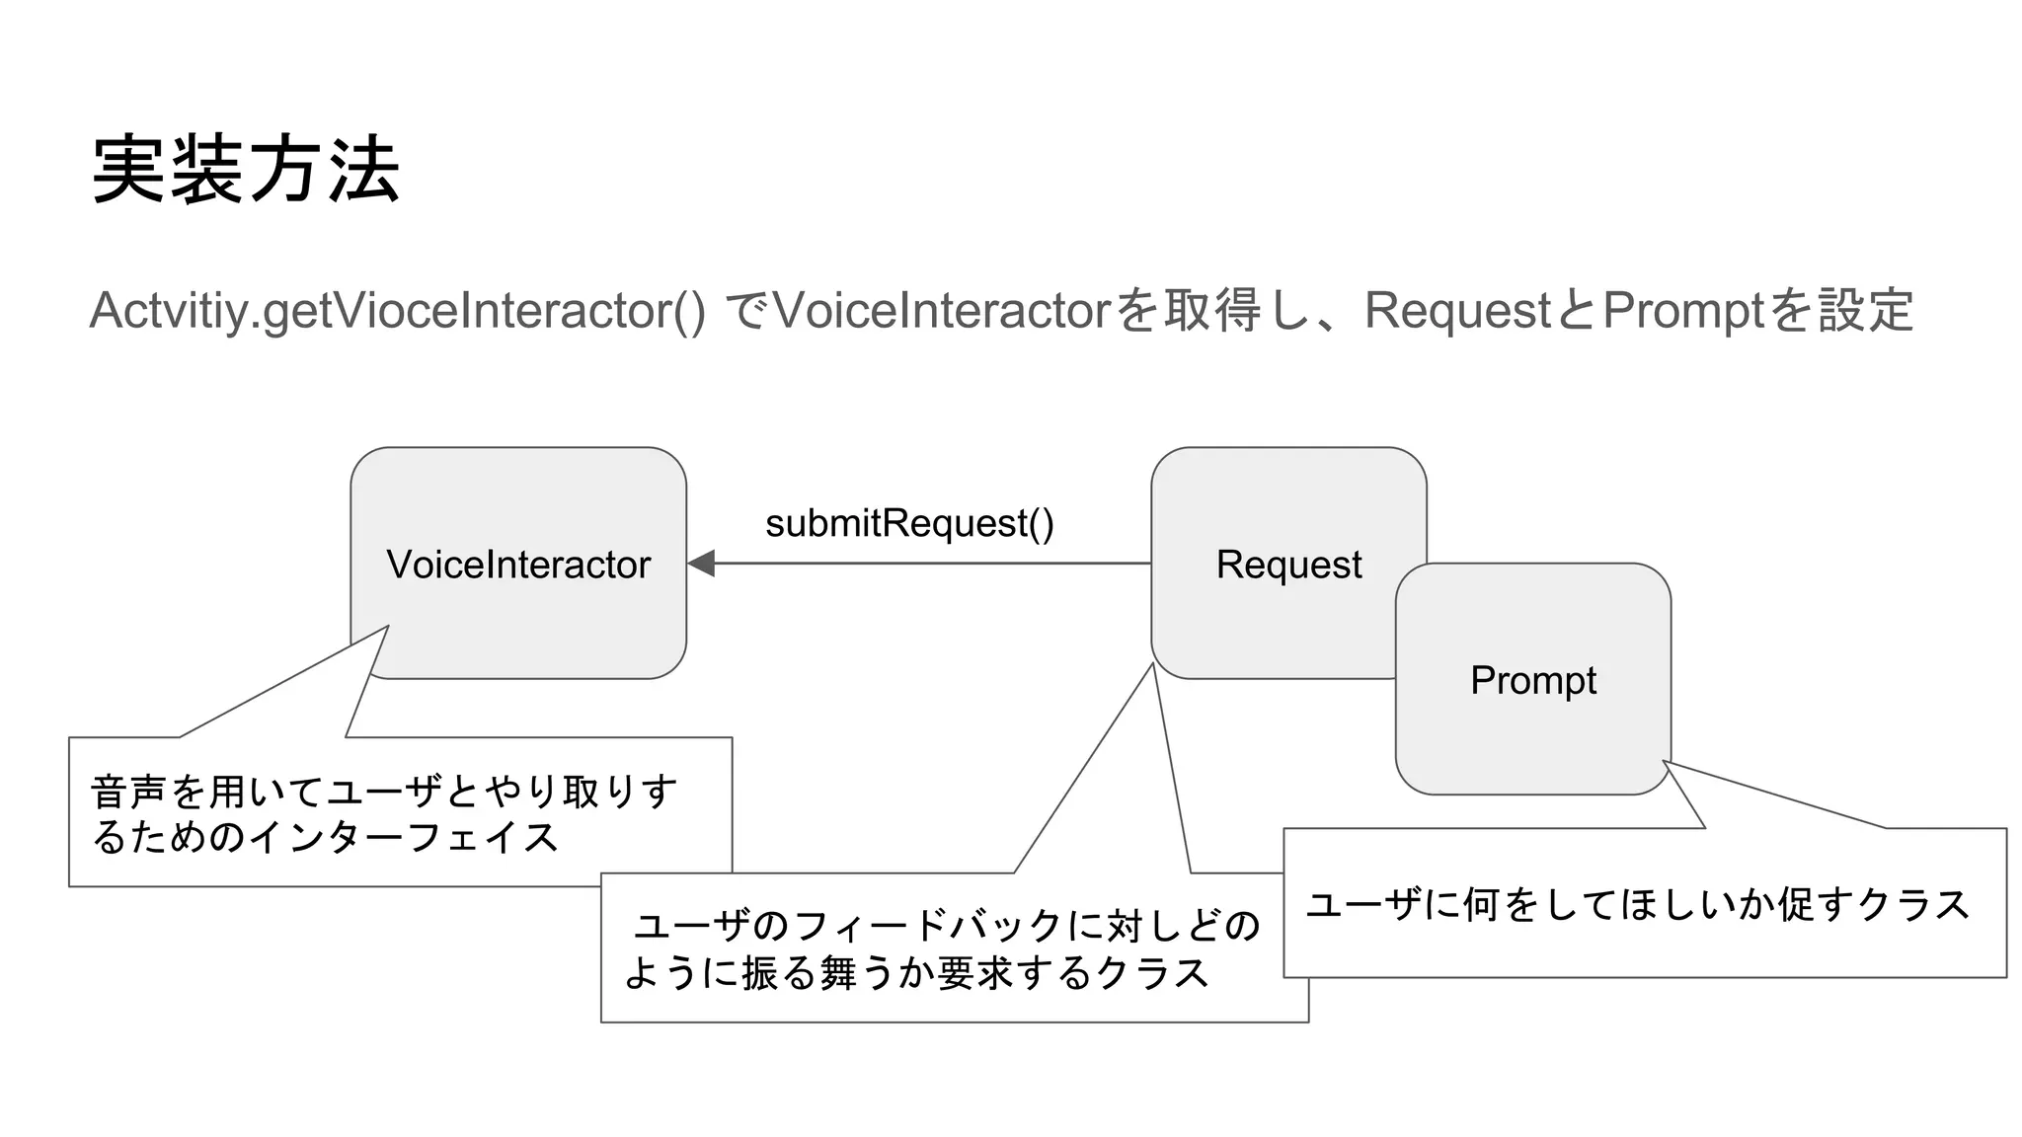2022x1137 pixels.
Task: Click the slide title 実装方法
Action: click(245, 170)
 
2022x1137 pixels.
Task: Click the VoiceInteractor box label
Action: click(518, 565)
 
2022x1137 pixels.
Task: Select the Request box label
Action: click(1287, 565)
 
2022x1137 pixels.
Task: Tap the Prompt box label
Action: click(1532, 680)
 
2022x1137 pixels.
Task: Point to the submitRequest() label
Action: click(909, 523)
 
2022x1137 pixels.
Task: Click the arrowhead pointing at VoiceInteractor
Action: click(700, 564)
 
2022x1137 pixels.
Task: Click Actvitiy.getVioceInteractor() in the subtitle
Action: click(397, 311)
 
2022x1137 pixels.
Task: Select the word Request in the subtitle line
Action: click(1457, 311)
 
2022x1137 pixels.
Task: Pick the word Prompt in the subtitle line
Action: click(1682, 311)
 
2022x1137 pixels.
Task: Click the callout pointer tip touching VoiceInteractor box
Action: click(388, 626)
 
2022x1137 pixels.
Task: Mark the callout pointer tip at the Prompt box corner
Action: click(1664, 761)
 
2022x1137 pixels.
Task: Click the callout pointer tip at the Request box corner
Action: click(1153, 664)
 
